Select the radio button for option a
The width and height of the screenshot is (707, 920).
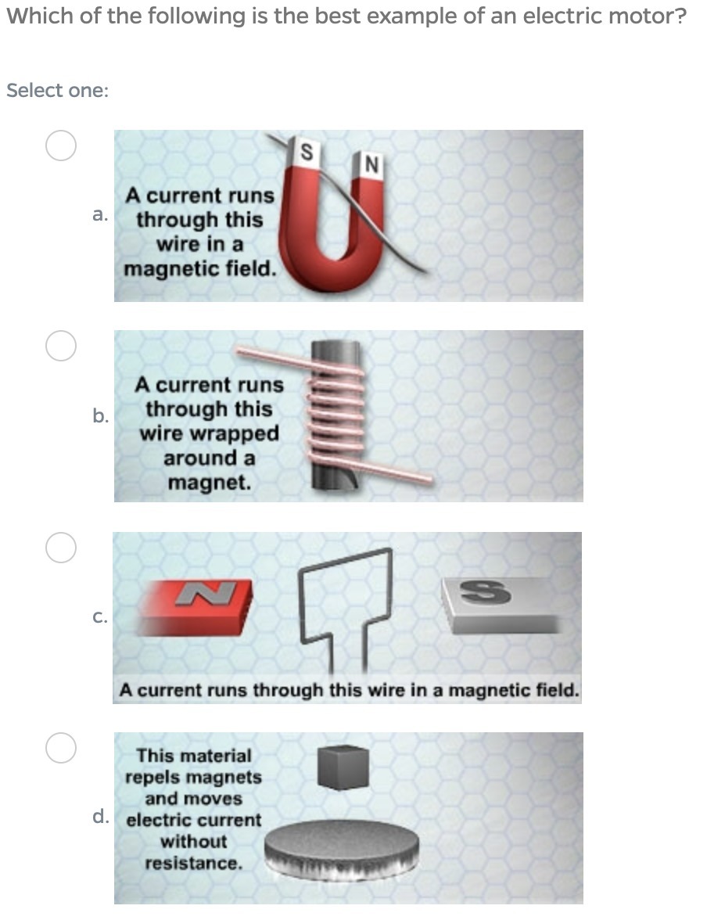click(x=61, y=145)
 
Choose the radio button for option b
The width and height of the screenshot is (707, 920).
click(x=61, y=345)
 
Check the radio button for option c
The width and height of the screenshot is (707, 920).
click(x=61, y=548)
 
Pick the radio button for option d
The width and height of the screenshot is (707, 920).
click(x=61, y=748)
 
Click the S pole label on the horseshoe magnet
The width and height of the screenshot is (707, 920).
click(x=306, y=153)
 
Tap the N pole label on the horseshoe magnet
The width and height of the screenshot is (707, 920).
click(x=371, y=164)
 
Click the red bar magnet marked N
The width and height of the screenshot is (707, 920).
click(x=196, y=607)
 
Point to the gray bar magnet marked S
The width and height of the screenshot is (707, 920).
click(x=500, y=604)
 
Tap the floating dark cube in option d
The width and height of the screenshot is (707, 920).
click(x=343, y=767)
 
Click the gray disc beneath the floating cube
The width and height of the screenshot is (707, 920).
click(x=342, y=849)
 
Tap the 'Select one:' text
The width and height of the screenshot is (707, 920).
click(x=58, y=91)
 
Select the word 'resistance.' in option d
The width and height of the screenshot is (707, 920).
click(x=194, y=863)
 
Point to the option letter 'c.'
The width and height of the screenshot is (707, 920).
click(x=100, y=616)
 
